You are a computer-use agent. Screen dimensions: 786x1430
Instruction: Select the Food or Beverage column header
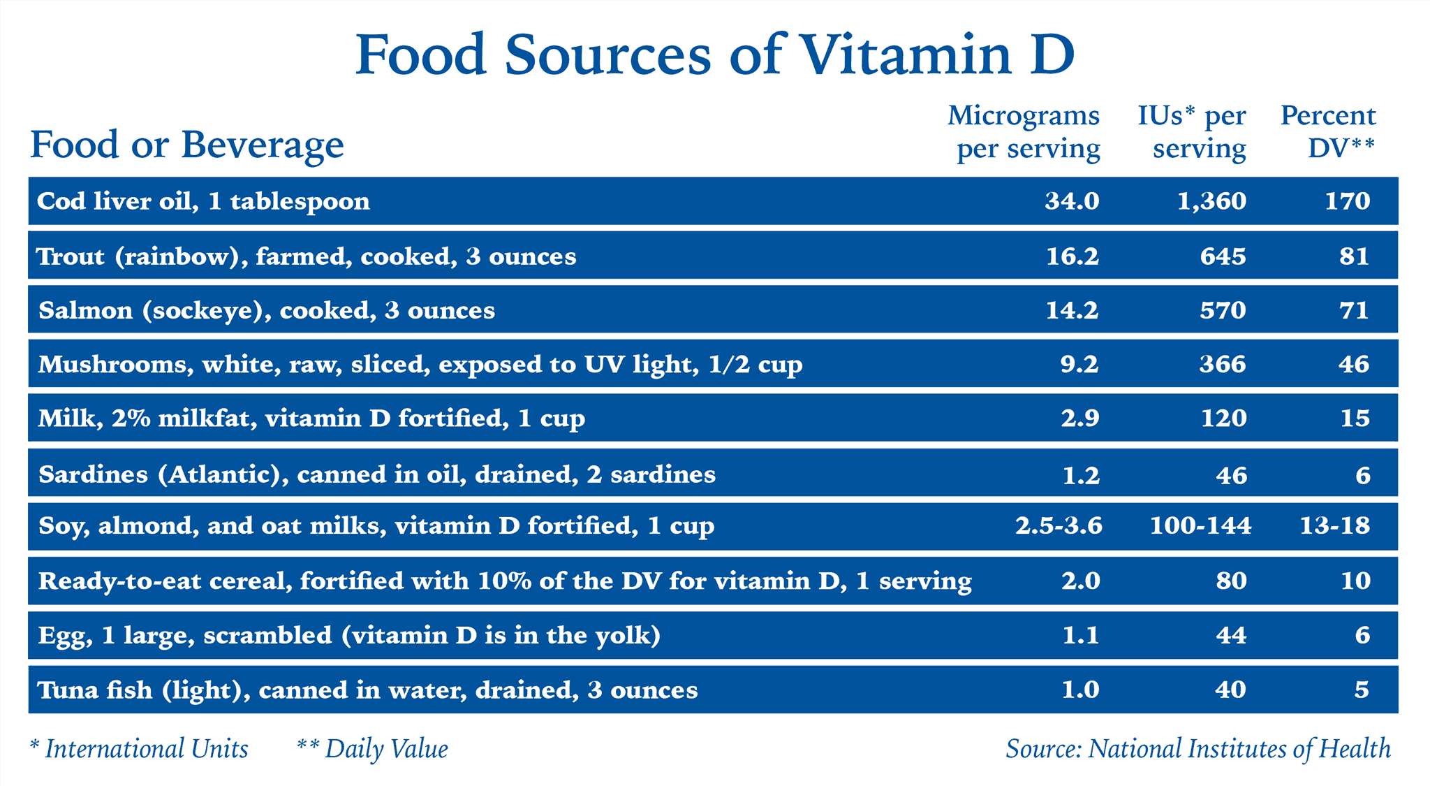coord(187,145)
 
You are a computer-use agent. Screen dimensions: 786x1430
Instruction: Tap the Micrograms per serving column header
coord(1024,132)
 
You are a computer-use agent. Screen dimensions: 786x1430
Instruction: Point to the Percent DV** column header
coord(1328,132)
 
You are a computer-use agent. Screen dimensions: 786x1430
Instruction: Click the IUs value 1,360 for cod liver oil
coord(1211,201)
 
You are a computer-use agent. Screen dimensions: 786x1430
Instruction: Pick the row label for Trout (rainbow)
coord(306,256)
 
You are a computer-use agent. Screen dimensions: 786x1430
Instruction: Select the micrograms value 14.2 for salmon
coord(1072,310)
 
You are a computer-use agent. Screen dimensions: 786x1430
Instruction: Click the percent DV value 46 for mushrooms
coord(1354,364)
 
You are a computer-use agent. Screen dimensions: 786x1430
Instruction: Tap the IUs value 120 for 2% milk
coord(1223,418)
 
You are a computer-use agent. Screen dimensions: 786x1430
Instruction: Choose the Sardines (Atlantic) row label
coord(377,474)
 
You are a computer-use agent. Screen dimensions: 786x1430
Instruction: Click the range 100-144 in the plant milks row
coord(1201,525)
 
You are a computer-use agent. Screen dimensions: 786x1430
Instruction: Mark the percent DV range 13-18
coord(1335,525)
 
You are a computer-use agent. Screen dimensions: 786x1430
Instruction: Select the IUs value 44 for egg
coord(1230,635)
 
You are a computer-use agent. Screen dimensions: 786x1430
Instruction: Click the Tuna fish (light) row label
coord(367,690)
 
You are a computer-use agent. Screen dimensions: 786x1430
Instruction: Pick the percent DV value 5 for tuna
coord(1362,690)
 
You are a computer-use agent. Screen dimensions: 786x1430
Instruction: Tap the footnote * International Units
coord(139,749)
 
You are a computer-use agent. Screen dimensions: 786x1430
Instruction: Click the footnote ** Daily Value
coord(372,749)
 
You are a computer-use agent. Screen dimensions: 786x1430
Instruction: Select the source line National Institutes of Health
coord(1198,749)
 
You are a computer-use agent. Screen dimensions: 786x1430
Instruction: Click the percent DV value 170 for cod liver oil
coord(1348,201)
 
